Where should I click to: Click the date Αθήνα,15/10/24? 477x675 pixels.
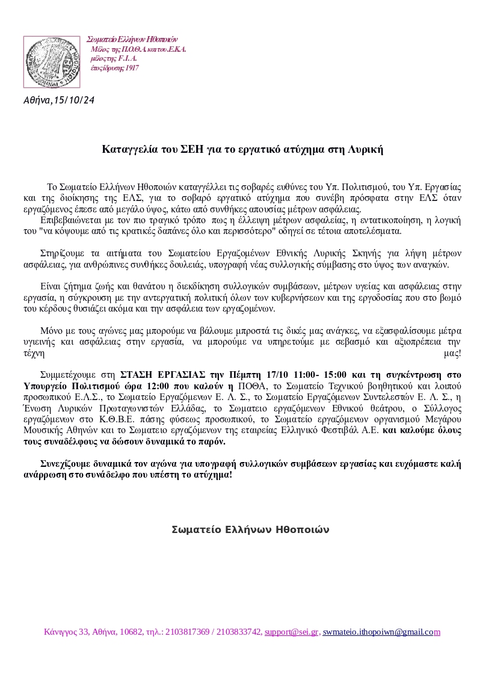[59, 100]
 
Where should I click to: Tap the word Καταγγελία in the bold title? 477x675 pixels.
[129, 149]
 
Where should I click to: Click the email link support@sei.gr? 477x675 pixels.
[291, 632]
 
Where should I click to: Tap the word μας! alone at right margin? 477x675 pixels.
[452, 353]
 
